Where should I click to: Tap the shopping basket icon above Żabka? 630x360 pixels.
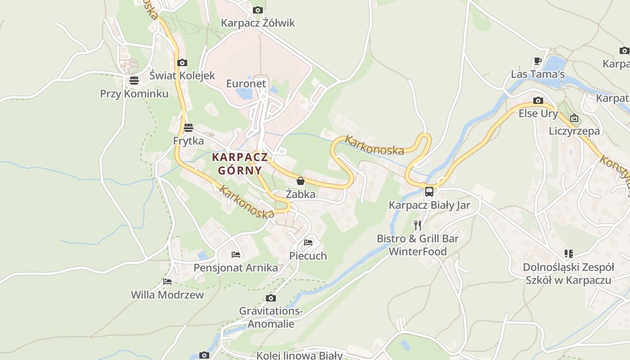301,181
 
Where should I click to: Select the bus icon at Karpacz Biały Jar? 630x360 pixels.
429,192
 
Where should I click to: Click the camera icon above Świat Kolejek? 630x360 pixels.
182,63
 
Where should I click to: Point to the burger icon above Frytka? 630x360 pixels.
189,127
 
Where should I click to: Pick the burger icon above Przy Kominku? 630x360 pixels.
134,81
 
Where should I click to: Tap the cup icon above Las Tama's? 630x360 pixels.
537,60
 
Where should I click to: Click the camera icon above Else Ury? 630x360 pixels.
538,100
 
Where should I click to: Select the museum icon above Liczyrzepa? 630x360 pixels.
574,118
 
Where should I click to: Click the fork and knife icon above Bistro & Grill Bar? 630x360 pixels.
418,225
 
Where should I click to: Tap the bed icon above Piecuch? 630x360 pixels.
308,242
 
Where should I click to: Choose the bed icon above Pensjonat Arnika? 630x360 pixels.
236,254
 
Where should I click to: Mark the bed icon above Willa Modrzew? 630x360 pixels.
167,282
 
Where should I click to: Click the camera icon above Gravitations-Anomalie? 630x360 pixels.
270,298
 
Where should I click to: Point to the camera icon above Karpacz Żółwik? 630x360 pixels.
258,10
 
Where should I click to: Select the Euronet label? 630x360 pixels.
246,84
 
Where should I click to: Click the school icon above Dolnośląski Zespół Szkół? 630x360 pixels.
569,254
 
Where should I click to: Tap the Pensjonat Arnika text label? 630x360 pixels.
236,268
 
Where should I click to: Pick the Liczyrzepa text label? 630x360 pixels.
575,131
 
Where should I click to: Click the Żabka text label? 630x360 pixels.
301,194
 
